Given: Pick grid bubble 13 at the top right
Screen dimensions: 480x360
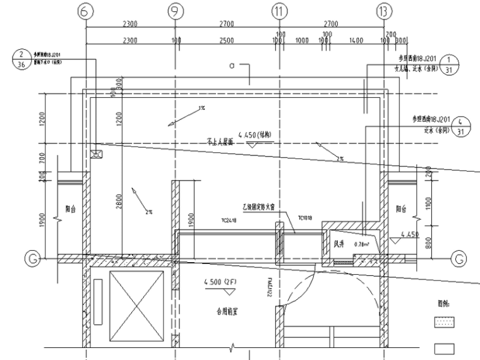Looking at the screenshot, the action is (383, 9).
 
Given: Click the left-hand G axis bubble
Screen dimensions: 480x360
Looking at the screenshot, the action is (30, 258).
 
